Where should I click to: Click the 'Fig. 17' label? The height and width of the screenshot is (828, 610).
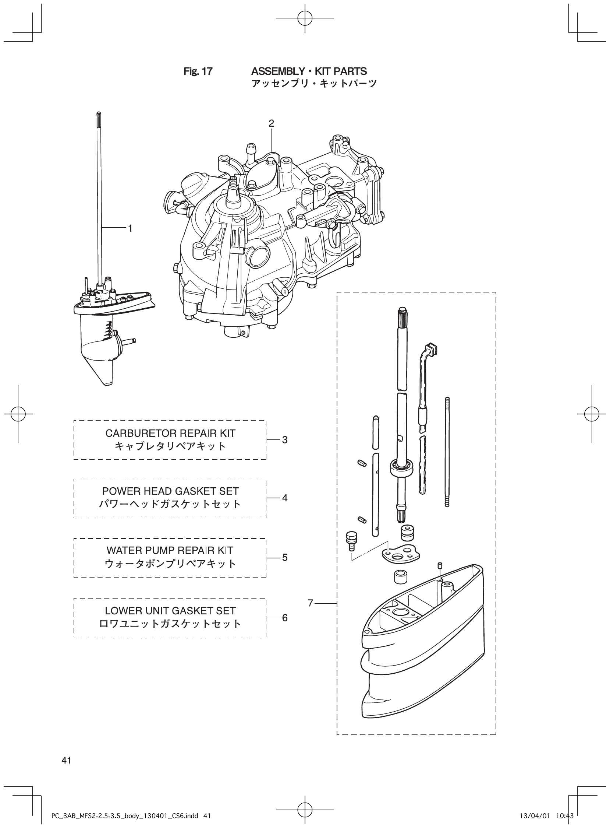[198, 71]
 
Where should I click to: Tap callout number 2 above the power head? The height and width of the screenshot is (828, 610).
[272, 123]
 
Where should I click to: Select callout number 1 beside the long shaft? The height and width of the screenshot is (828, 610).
[130, 228]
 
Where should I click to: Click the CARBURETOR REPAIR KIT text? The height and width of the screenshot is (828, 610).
[170, 433]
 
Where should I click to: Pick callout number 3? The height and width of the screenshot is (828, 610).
[285, 440]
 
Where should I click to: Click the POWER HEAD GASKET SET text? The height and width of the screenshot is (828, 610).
[170, 491]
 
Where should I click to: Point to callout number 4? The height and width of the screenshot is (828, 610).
[285, 498]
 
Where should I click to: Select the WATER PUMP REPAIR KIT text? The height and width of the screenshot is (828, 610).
[170, 550]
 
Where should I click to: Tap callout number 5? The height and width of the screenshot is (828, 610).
[285, 557]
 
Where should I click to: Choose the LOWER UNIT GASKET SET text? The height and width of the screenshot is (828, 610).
[170, 611]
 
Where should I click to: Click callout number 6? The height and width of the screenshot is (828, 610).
[285, 618]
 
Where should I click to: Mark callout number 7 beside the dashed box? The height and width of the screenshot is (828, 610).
[311, 603]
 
